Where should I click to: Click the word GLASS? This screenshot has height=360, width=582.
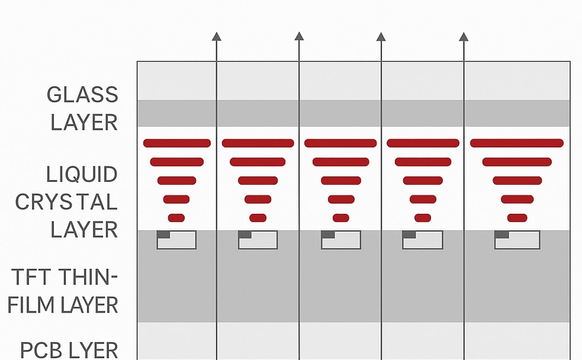coord(82,95)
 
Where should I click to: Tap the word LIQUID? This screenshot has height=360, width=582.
coord(82,175)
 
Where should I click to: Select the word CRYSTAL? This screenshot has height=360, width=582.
coord(66,202)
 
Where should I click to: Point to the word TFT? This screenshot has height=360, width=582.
coord(31,277)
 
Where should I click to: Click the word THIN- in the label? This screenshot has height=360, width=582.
coord(88,277)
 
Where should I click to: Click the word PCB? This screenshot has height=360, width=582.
coord(43,351)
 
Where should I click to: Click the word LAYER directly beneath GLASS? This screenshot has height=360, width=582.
coord(84,123)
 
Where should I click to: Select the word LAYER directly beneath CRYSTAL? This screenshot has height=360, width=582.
coord(84,230)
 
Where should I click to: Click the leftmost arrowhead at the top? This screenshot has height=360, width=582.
coord(216,36)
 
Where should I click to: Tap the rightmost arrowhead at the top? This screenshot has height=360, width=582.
coord(463,36)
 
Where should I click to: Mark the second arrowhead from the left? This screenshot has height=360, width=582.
coord(299,36)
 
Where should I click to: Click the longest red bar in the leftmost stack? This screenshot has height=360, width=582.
coord(177,143)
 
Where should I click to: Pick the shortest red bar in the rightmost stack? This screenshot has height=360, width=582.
coord(517,218)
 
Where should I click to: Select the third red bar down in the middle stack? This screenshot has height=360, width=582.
coord(341,181)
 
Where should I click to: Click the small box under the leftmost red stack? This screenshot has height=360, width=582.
coord(176,240)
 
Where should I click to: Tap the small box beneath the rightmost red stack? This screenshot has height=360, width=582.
coord(517,240)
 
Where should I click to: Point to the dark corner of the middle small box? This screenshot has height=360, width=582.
coord(328,234)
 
